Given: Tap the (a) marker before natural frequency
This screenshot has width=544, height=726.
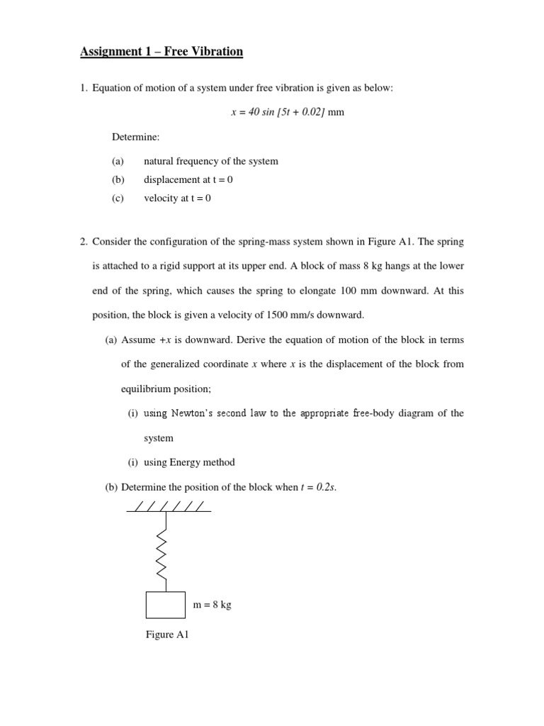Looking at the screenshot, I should click(x=118, y=161).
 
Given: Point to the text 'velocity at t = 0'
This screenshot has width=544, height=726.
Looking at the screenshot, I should click(x=177, y=198).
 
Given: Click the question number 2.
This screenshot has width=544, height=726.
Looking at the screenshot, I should click(x=84, y=242).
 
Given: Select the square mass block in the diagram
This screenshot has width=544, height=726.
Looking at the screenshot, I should click(x=165, y=605).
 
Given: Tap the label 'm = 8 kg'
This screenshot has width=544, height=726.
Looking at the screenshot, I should click(x=212, y=605).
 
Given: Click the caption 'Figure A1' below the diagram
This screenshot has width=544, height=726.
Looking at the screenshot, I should click(x=167, y=635).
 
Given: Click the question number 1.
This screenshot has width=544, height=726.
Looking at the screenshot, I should click(x=84, y=88).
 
